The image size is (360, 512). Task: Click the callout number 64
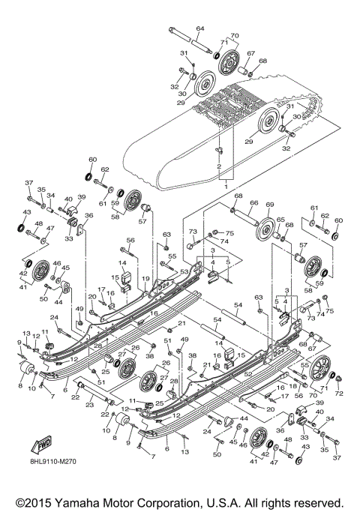pyautogui.click(x=200, y=28)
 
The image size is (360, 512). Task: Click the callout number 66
pyautogui.click(x=254, y=202)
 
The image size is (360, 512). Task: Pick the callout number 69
pyautogui.click(x=270, y=204)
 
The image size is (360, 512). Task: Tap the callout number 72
pyautogui.click(x=339, y=394)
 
